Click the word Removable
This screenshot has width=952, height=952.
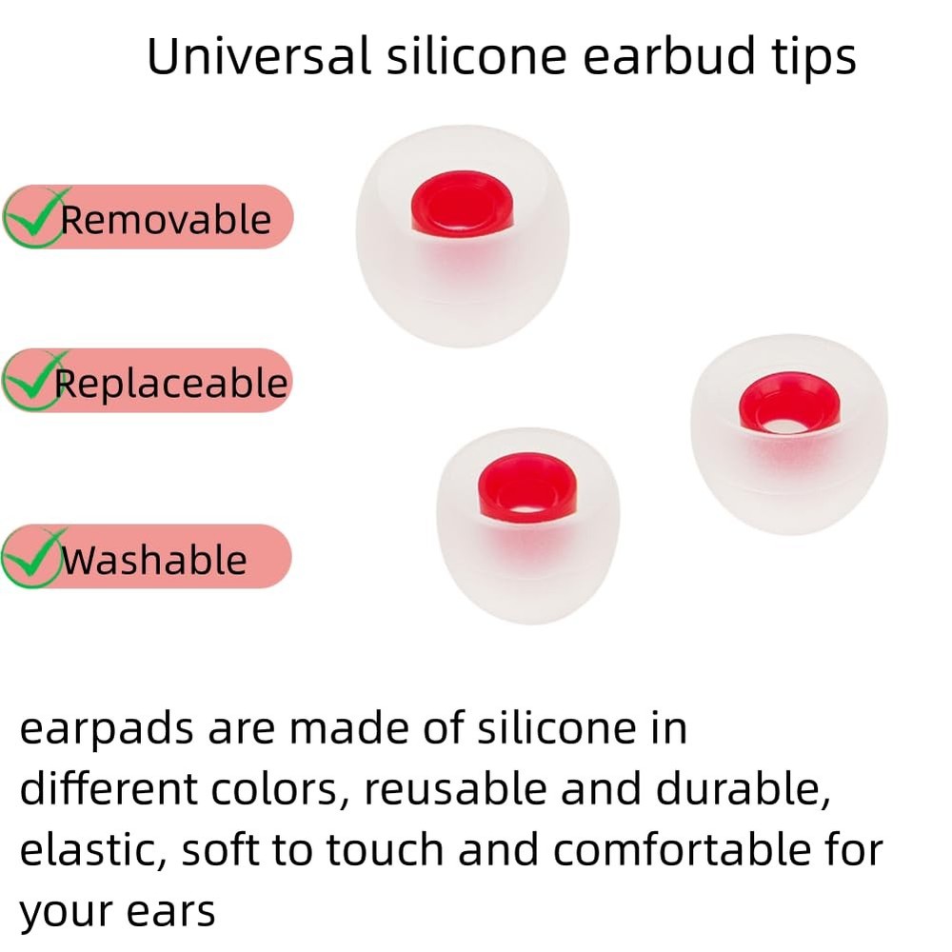pyautogui.click(x=167, y=220)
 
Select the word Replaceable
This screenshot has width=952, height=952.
pyautogui.click(x=171, y=384)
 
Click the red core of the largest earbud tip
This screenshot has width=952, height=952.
pyautogui.click(x=463, y=203)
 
